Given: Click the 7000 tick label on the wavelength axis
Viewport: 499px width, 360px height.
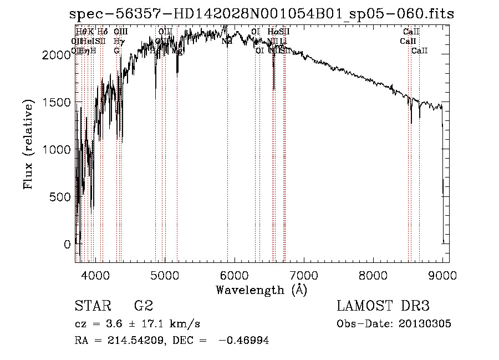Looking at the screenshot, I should [x=303, y=275].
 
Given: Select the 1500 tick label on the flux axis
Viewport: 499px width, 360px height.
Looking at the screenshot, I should [x=57, y=103].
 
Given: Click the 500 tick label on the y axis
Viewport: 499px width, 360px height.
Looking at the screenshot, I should [x=60, y=197].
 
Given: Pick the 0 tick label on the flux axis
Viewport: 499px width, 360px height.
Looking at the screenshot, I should [x=68, y=244].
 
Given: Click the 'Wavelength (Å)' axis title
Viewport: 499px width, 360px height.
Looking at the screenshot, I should [x=261, y=290].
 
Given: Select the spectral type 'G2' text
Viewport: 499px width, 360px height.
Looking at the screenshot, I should [x=143, y=306].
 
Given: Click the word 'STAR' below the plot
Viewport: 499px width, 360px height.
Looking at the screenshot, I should [x=92, y=306].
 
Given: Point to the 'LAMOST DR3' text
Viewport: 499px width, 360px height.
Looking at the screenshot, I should [x=383, y=306].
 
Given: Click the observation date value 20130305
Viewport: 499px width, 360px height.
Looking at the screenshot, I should [x=424, y=324].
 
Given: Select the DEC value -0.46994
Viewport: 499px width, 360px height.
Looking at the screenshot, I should [x=244, y=341].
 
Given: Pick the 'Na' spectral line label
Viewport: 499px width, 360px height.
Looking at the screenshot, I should [x=227, y=41].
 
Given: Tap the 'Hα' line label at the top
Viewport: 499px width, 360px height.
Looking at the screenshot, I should [x=272, y=32].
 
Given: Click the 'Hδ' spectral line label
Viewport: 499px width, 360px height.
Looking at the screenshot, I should [x=102, y=32].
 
